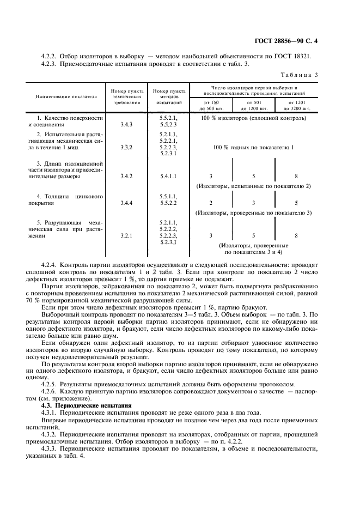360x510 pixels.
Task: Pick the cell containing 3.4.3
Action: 126,124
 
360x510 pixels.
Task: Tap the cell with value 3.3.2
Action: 126,147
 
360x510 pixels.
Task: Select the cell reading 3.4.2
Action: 126,176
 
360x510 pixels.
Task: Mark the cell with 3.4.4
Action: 126,203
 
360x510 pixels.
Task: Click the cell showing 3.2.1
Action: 126,235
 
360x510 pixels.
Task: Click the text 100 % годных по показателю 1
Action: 254,147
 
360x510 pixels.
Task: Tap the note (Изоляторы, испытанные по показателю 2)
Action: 254,186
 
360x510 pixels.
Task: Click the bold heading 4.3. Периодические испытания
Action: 87,405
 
